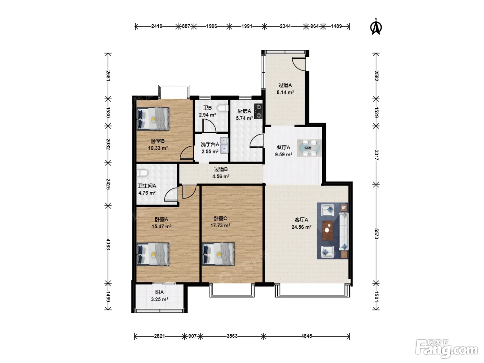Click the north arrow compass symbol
point(376,27)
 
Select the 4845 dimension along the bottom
point(307,336)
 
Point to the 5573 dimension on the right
point(376,234)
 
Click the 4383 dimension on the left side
point(108,244)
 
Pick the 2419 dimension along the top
point(157,26)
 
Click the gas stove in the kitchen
point(259,111)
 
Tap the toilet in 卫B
point(223,108)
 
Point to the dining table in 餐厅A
point(309,148)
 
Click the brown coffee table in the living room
point(327,231)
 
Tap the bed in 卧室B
point(153,119)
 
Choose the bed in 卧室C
point(218,254)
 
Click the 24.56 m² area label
point(301,227)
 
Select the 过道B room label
point(221,169)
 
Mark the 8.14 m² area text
point(285,92)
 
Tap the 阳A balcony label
point(159,292)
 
